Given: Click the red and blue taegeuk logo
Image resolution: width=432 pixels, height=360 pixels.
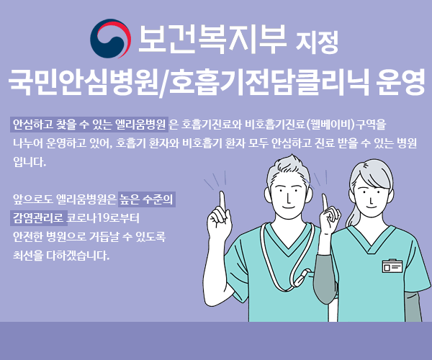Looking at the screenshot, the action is pyautogui.click(x=110, y=39).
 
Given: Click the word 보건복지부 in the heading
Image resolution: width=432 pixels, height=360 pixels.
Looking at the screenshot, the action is pyautogui.click(x=212, y=39).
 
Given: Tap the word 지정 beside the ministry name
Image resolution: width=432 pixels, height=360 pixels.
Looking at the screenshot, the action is pyautogui.click(x=317, y=42).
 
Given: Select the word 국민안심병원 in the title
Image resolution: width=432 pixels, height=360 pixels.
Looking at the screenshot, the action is pyautogui.click(x=83, y=81).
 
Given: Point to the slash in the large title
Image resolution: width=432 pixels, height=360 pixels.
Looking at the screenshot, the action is pyautogui.click(x=164, y=83).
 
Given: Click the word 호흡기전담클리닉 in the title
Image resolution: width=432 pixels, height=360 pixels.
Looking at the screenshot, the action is pyautogui.click(x=269, y=81).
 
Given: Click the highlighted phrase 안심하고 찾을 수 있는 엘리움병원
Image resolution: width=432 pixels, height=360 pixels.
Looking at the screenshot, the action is pyautogui.click(x=89, y=125).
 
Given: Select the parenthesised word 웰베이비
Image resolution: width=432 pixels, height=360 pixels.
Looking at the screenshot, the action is pyautogui.click(x=330, y=125).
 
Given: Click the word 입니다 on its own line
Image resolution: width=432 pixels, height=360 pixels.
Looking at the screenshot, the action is pyautogui.click(x=30, y=162).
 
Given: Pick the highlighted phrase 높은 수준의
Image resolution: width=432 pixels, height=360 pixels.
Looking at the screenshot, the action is pyautogui.click(x=147, y=199).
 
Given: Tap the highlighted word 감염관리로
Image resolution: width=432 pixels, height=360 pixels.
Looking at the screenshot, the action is pyautogui.click(x=39, y=218).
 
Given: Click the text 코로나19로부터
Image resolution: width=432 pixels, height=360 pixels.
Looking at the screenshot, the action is pyautogui.click(x=103, y=218).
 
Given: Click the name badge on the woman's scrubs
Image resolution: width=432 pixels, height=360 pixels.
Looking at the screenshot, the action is pyautogui.click(x=392, y=266).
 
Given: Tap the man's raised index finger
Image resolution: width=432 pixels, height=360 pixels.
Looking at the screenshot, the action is pyautogui.click(x=222, y=201).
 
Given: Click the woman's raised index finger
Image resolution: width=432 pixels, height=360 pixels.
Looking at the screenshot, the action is pyautogui.click(x=325, y=202).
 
